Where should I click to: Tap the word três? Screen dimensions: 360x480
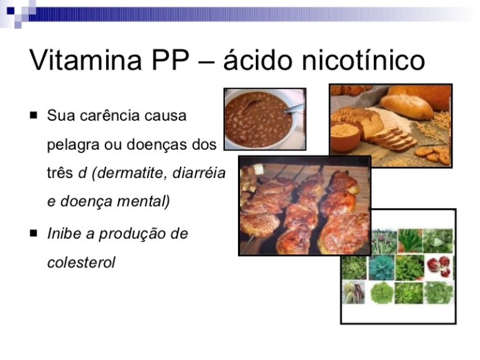click(x=60, y=174)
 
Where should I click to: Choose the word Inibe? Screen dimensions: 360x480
click(x=64, y=234)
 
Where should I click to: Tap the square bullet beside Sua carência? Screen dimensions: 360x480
click(x=33, y=115)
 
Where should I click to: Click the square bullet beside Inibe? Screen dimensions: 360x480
click(x=33, y=233)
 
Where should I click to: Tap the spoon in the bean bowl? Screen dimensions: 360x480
click(x=294, y=108)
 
